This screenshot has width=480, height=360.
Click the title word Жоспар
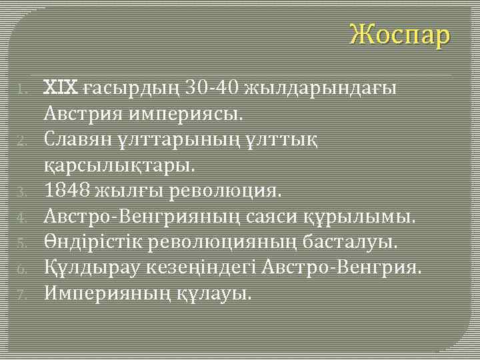401,35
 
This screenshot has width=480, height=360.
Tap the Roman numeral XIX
61,87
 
